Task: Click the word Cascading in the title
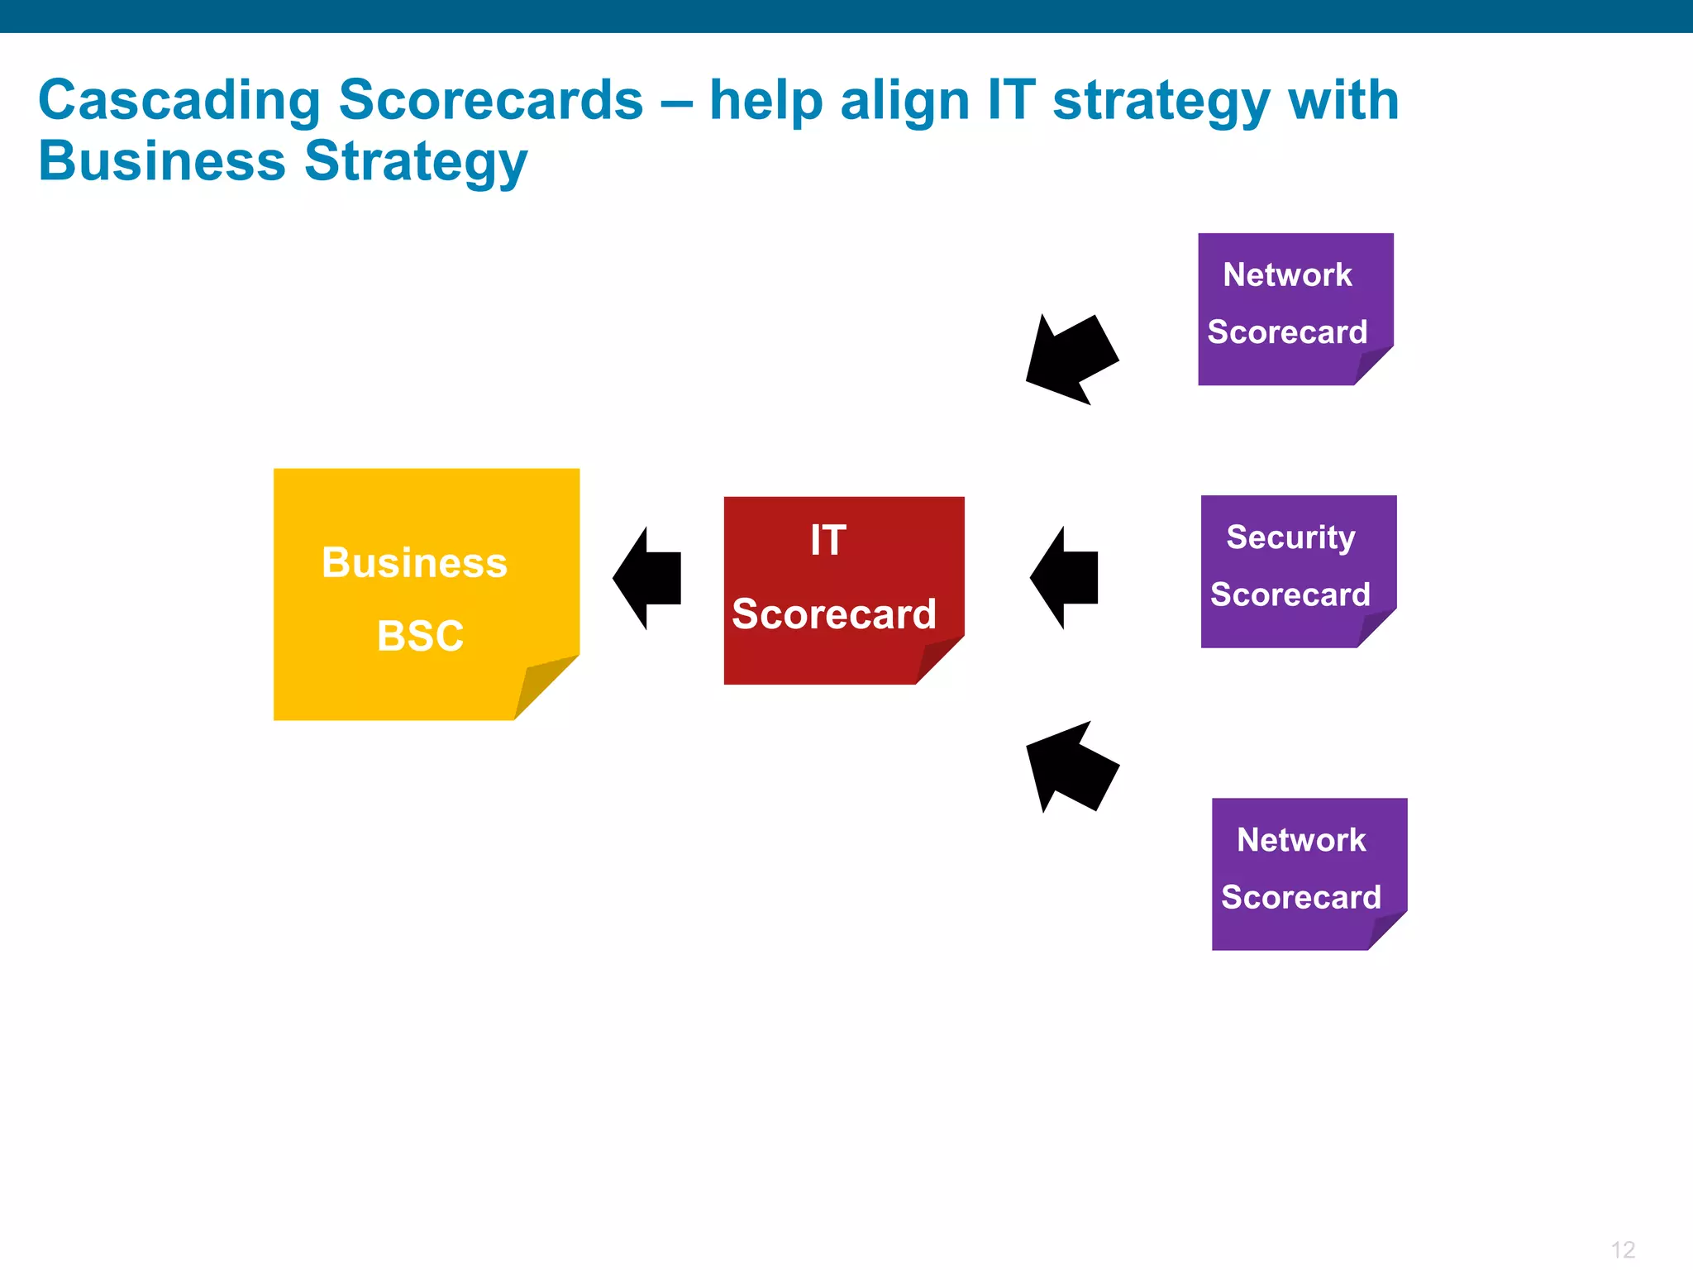(x=179, y=101)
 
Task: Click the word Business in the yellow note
(x=414, y=563)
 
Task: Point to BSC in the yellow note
(x=420, y=636)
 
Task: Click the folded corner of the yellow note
(x=541, y=685)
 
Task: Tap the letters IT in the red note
(x=827, y=541)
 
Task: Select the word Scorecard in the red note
(x=833, y=614)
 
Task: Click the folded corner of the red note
(x=937, y=661)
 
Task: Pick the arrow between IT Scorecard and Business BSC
(x=648, y=578)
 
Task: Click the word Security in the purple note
(x=1290, y=538)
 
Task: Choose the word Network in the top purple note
(x=1287, y=275)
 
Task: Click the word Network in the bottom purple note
(x=1301, y=840)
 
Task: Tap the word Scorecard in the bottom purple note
(x=1301, y=897)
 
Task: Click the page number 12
(x=1623, y=1249)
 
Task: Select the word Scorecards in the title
(x=490, y=101)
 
